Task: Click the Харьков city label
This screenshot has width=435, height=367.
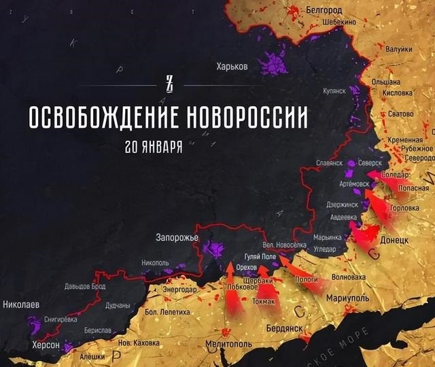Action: tap(232, 66)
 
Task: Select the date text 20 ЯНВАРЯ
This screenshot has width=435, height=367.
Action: tap(154, 146)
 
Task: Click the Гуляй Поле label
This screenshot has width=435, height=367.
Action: tap(260, 256)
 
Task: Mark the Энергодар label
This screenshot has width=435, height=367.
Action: tap(180, 290)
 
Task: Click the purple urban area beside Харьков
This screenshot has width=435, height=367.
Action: tap(275, 65)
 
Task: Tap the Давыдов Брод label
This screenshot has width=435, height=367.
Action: tap(85, 286)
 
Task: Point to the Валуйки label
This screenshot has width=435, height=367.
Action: tap(398, 49)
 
